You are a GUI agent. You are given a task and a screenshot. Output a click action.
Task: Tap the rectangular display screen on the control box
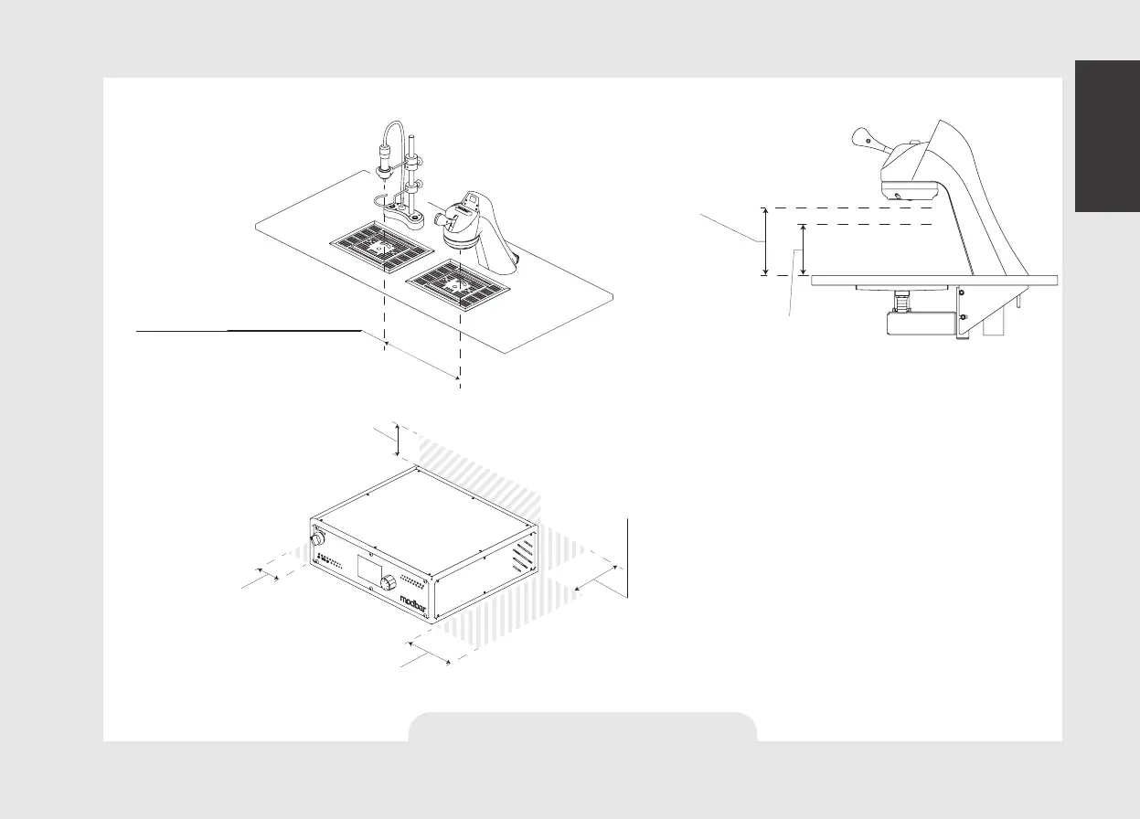click(368, 574)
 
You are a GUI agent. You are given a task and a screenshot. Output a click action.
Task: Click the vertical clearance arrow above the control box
click(398, 440)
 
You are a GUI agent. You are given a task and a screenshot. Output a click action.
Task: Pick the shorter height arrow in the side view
click(803, 250)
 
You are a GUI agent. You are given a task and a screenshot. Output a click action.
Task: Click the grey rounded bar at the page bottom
click(582, 727)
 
